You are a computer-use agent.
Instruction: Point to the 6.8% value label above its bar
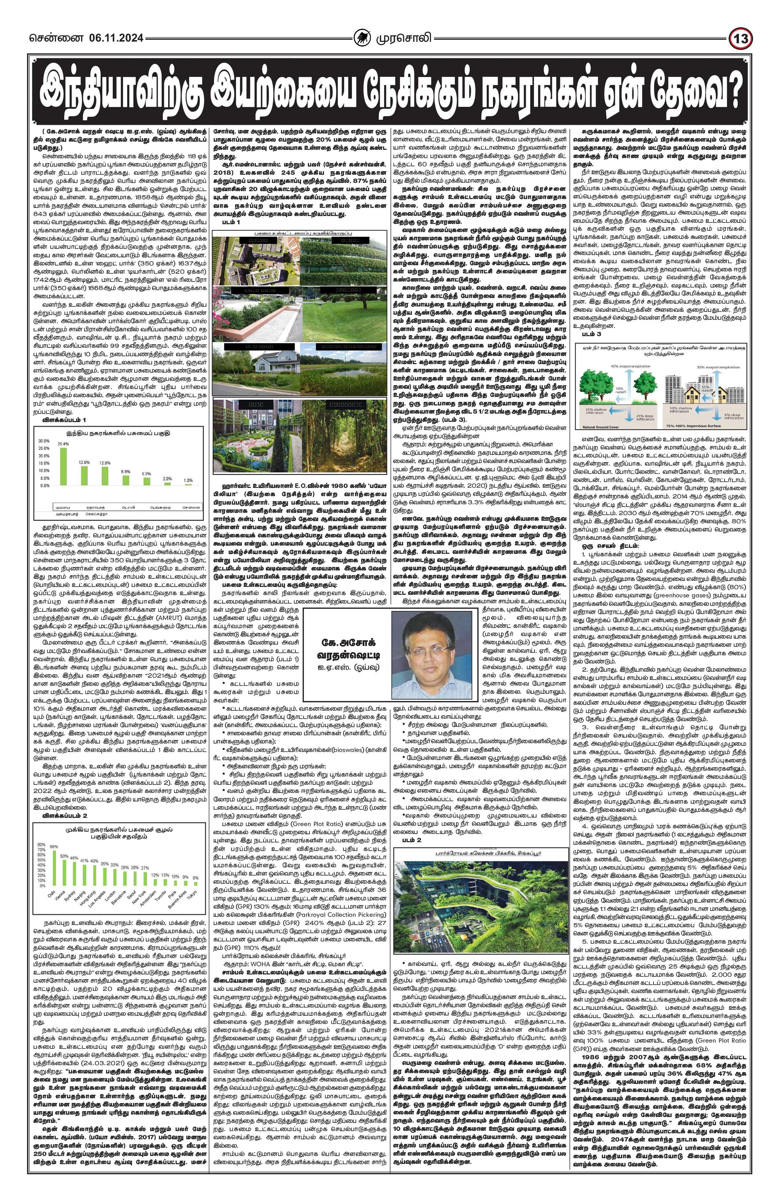coord(126,471)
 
